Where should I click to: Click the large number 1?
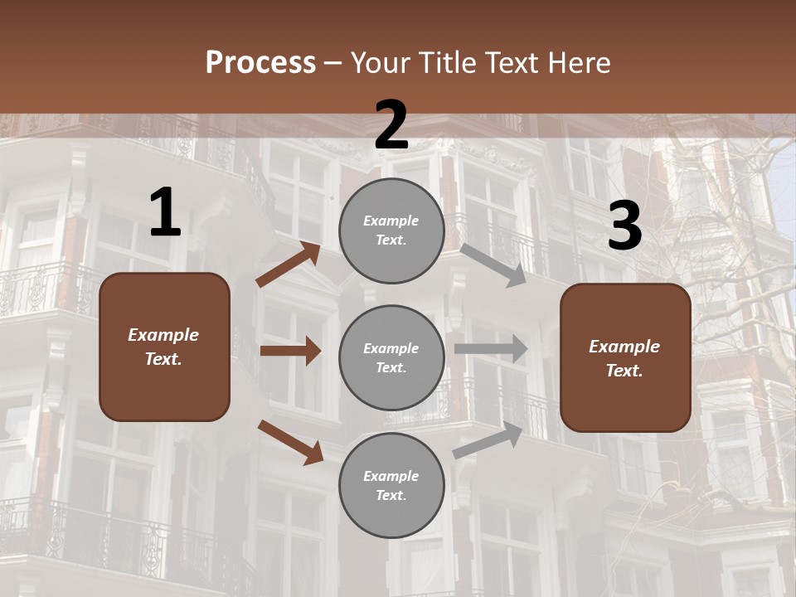tap(165, 213)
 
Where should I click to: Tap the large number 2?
tap(391, 126)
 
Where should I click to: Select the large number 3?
tap(624, 226)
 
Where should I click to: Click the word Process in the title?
tap(260, 62)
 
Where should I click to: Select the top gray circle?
tap(391, 231)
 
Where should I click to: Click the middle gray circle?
tap(391, 357)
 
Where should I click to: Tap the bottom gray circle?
tap(391, 485)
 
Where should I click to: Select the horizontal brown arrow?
tap(290, 351)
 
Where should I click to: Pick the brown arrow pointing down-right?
tap(291, 442)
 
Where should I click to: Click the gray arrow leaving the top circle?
tap(493, 265)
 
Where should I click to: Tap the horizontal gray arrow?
tap(490, 348)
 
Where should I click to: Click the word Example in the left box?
tap(163, 335)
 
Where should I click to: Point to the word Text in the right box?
tap(624, 371)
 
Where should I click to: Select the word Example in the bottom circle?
tap(391, 476)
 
